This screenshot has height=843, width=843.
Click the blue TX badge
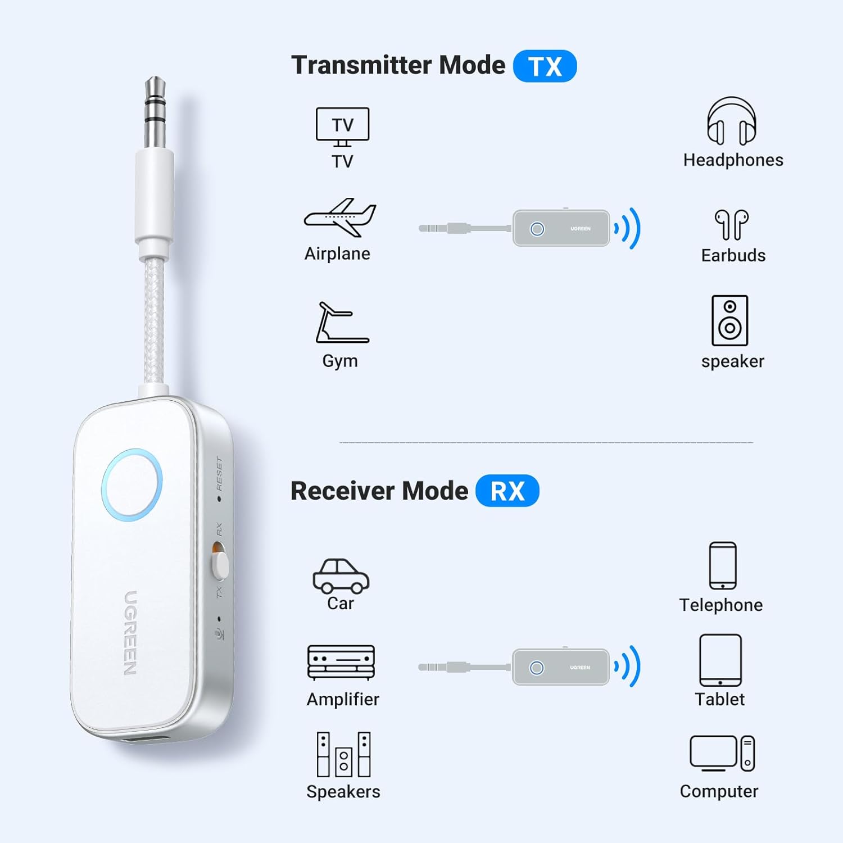click(x=545, y=66)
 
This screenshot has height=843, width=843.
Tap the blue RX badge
click(x=507, y=491)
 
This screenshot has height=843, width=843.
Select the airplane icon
click(x=340, y=218)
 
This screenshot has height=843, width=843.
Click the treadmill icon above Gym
click(x=342, y=323)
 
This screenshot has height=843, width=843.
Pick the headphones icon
click(x=731, y=121)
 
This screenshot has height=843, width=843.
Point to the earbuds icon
click(x=732, y=225)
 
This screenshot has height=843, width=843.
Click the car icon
click(x=341, y=576)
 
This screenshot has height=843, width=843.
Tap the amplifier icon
click(x=341, y=663)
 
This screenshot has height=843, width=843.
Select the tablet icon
click(x=720, y=660)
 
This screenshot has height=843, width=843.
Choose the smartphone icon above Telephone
click(x=723, y=565)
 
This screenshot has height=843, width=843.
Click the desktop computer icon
click(x=722, y=753)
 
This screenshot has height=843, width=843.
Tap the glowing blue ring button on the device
click(x=132, y=484)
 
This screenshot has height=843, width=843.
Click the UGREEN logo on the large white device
click(x=130, y=633)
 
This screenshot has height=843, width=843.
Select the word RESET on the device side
click(x=219, y=473)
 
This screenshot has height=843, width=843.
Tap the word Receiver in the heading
click(x=342, y=491)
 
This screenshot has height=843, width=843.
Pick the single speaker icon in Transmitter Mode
click(x=730, y=320)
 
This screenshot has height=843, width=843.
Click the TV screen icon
click(x=343, y=127)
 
